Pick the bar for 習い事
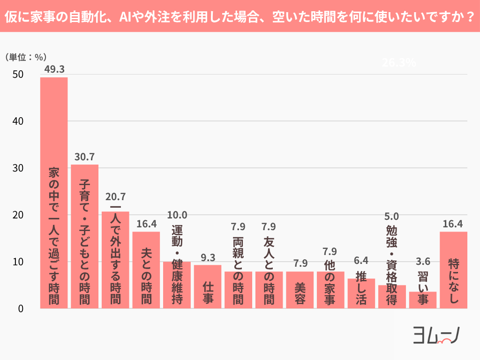pos(423,300)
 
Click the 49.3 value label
pos(54,69)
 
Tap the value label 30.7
pos(84,157)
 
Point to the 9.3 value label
pos(208,257)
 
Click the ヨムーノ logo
pos(436,335)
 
